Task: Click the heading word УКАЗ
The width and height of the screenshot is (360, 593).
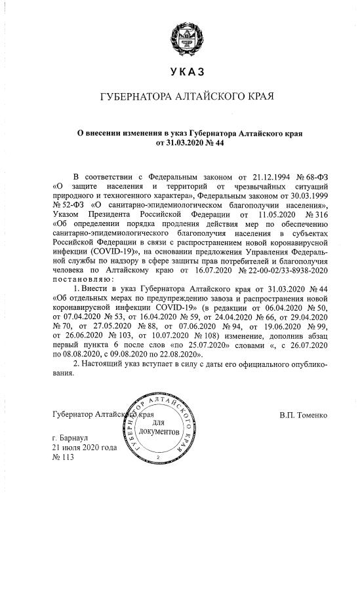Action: tap(180, 71)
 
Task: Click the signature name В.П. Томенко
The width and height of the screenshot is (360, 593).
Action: tap(303, 415)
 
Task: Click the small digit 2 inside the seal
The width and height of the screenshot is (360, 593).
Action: tap(157, 455)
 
